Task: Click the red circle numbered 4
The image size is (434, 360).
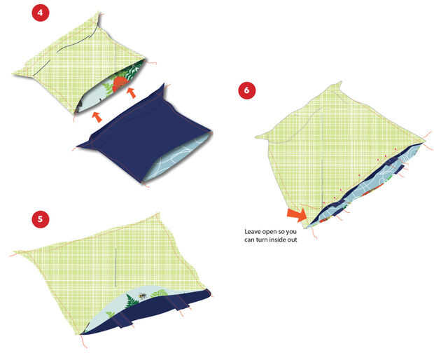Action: click(41, 13)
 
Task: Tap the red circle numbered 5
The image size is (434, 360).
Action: click(41, 219)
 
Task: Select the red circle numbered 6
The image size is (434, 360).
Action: click(246, 90)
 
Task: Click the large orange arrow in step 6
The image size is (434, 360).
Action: click(297, 214)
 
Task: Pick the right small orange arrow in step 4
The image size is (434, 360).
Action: click(132, 92)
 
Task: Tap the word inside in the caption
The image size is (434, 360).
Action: click(278, 240)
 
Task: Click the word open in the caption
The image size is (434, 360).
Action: click(269, 232)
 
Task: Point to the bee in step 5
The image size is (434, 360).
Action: click(143, 296)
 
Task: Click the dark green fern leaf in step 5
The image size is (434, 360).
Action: click(131, 301)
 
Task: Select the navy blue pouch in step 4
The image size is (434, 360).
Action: click(144, 133)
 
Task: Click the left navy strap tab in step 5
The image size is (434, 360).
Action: click(123, 320)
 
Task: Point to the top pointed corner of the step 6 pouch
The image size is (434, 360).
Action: click(341, 82)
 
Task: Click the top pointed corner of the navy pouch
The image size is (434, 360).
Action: click(164, 84)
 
